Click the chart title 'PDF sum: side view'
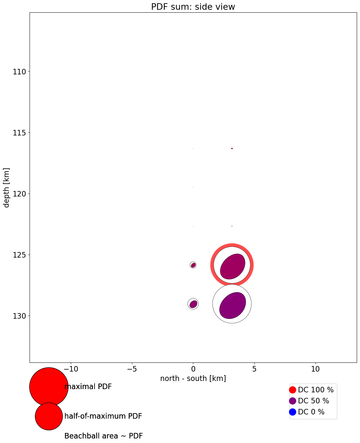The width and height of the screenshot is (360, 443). pos(193,7)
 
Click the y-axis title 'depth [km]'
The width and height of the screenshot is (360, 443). pos(6,187)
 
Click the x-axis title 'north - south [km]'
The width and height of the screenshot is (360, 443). pos(193,378)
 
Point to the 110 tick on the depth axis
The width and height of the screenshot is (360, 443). pos(20,71)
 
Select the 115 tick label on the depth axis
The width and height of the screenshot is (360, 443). pos(20,133)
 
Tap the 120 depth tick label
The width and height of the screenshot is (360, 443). pos(20,194)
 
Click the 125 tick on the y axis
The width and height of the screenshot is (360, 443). pos(20,255)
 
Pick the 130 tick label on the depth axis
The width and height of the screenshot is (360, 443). pos(20,316)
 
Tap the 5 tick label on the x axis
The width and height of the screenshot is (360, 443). pos(254,369)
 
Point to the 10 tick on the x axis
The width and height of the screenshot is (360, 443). pos(315,369)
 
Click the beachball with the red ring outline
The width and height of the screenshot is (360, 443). pos(232,265)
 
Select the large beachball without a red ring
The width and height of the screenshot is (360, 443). pos(232,304)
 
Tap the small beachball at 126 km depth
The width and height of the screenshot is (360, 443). pos(193,265)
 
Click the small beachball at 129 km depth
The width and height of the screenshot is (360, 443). pos(193,304)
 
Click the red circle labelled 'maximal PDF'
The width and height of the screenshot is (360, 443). pos(49,387)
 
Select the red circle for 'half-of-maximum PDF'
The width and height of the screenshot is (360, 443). pos(49,416)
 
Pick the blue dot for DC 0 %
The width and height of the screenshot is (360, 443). pos(292,412)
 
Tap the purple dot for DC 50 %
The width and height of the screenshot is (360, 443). pos(292,401)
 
